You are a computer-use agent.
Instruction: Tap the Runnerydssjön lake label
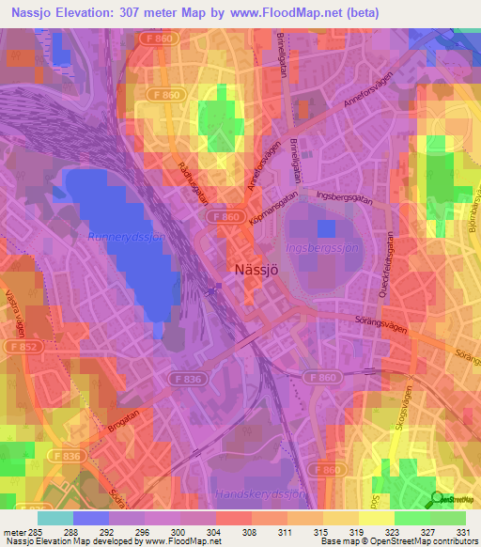127,238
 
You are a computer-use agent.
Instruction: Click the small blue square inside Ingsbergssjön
326,228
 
